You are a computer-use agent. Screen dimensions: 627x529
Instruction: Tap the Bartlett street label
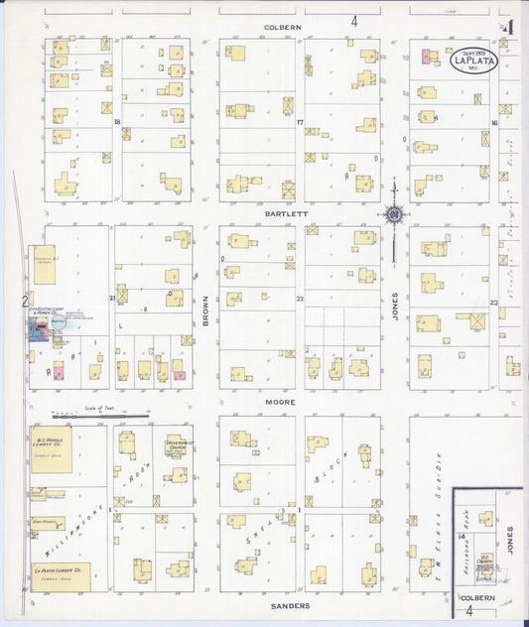pos(281,212)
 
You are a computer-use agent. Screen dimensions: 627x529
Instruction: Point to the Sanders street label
pos(289,604)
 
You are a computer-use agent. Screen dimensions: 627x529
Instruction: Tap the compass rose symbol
pos(395,213)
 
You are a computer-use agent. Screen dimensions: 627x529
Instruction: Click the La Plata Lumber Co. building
pos(60,576)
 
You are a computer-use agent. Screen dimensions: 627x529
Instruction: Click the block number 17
pos(299,121)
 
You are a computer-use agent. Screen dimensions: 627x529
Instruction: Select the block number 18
pos(117,121)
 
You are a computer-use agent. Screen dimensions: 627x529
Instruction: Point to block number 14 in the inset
pos(462,537)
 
